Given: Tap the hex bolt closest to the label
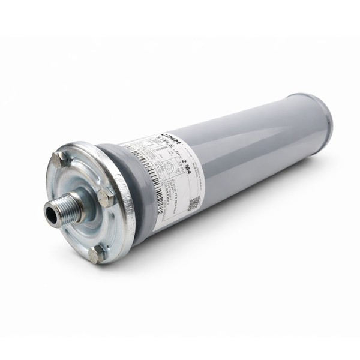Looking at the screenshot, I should (x=105, y=196).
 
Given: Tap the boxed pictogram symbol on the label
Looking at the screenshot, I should (x=169, y=166).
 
